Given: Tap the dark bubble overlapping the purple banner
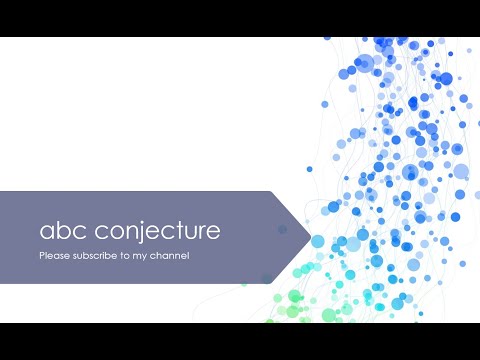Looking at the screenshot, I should [282, 229].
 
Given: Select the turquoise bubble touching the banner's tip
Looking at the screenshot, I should [318, 241].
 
